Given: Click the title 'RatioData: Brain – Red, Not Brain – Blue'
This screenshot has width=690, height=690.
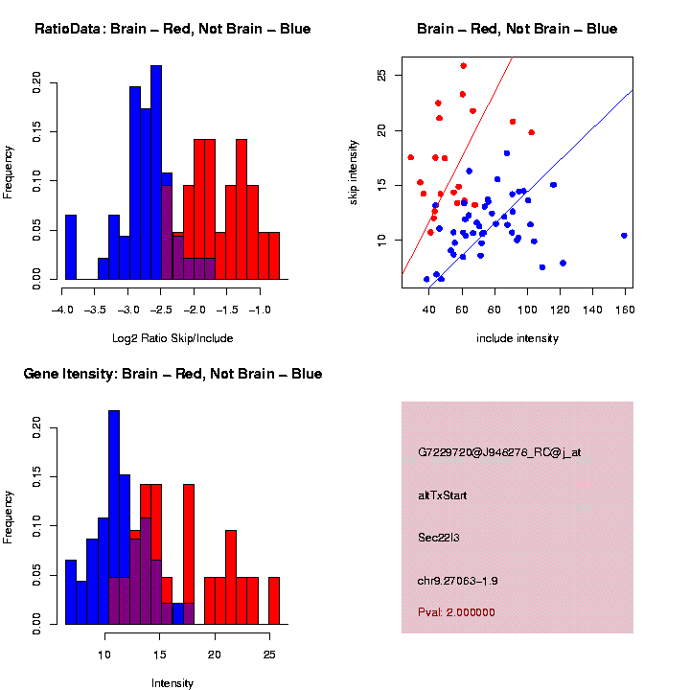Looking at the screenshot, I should [172, 29].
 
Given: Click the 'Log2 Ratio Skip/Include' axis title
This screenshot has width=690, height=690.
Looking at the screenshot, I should [172, 338].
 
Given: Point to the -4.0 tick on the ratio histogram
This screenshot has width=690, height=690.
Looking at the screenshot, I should [63, 310].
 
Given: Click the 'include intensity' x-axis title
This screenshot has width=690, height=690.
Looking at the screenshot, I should [517, 338].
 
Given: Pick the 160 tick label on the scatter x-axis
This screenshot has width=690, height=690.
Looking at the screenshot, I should [625, 310].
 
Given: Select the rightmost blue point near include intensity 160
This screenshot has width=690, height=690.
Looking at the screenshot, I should [624, 235].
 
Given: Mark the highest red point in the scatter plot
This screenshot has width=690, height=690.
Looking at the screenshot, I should [464, 66].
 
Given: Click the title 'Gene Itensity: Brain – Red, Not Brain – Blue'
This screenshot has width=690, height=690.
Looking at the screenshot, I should [172, 374].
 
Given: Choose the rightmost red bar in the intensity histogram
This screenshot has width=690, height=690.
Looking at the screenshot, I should [273, 601].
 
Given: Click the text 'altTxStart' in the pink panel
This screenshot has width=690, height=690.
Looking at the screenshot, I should [442, 495].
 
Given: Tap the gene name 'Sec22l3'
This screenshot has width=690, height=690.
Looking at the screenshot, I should [439, 537].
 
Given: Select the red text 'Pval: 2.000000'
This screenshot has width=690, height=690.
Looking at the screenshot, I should [456, 611].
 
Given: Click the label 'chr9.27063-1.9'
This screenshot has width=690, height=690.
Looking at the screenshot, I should [458, 581].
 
